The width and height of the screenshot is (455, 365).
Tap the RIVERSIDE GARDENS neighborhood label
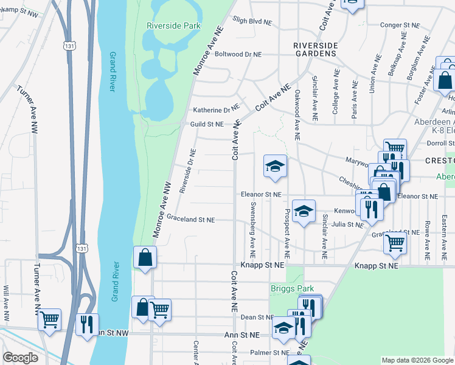tap(314, 49)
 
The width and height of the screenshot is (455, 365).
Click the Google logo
tap(21, 358)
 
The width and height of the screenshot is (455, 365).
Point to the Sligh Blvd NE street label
tap(251, 21)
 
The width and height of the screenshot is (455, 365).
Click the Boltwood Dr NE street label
tap(238, 54)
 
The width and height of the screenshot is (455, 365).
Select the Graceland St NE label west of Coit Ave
tap(190, 219)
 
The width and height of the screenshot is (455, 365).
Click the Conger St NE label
tap(400, 26)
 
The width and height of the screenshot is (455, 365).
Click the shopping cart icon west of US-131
tap(49, 318)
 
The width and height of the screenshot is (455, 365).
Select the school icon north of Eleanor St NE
tap(274, 166)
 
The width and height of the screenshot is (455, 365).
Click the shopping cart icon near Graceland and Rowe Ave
tap(395, 243)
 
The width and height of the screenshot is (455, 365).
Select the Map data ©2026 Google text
tap(417, 360)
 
